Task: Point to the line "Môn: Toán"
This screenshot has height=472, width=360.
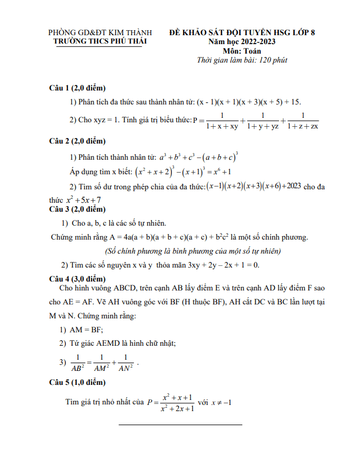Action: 242,51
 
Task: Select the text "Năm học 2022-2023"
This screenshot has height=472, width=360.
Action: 242,42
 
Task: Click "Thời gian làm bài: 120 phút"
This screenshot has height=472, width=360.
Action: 242,60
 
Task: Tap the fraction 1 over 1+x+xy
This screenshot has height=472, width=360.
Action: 222,121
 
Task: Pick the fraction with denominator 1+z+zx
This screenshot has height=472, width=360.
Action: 303,121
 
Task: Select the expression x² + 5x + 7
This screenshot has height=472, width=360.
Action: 83,200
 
